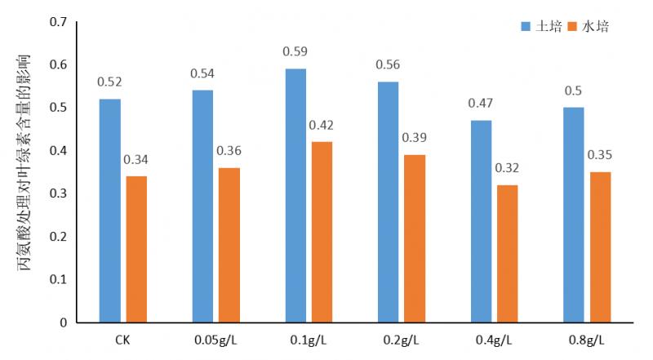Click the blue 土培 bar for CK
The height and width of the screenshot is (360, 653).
109,211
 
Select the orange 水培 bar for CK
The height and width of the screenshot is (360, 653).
136,249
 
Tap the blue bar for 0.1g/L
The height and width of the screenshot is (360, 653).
295,195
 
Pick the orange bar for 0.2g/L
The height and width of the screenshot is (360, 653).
415,238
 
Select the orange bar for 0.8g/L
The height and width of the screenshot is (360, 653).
600,247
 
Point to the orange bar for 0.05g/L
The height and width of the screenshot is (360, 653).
229,245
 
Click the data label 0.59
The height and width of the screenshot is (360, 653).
295,52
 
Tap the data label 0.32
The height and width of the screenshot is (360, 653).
507,169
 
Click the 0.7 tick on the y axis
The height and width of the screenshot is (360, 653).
58,21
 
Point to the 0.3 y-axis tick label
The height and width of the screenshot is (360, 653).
58,193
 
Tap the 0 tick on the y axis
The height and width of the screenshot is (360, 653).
64,322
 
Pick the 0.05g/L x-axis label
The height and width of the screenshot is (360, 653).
215,339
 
